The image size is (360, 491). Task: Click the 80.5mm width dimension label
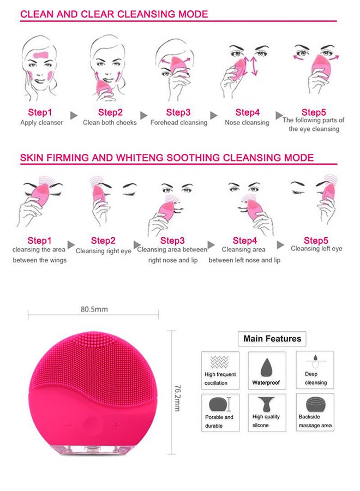coord(94,309)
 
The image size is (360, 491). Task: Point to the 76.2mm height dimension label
coord(177,398)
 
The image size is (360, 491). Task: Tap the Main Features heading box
coord(272,338)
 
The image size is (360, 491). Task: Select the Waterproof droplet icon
coord(266,367)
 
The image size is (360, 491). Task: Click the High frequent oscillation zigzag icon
coord(219,362)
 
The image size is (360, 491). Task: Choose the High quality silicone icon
coord(266,404)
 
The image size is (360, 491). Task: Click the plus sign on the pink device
coord(116,426)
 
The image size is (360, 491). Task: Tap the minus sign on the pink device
coord(69,426)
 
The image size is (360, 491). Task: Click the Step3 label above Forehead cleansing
coord(178,112)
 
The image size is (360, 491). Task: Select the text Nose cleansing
coord(247,122)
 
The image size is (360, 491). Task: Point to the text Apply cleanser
coord(41,122)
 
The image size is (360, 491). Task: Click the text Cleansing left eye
coord(316,249)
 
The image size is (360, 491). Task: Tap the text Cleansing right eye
coord(103,251)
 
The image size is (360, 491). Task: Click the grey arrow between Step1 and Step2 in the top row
coord(74,116)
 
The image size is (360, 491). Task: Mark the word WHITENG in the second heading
coord(140,158)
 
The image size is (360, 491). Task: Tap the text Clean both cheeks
coord(110,122)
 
